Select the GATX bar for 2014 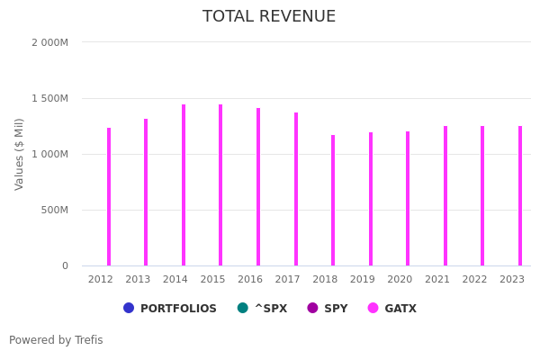pos(184,184)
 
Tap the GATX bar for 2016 pos(258,186)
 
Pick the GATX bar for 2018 pos(333,200)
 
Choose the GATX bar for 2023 pos(520,195)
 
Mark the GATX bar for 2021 pos(445,195)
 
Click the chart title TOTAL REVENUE pos(269,17)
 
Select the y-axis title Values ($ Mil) pos(20,154)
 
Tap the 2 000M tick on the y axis pos(49,42)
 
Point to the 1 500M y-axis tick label pos(49,98)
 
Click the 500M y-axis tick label pos(52,210)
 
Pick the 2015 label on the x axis pos(212,280)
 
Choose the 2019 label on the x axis pos(362,280)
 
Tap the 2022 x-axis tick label pos(474,280)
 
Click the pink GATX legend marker pos(373,308)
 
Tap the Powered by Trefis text pos(56,340)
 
